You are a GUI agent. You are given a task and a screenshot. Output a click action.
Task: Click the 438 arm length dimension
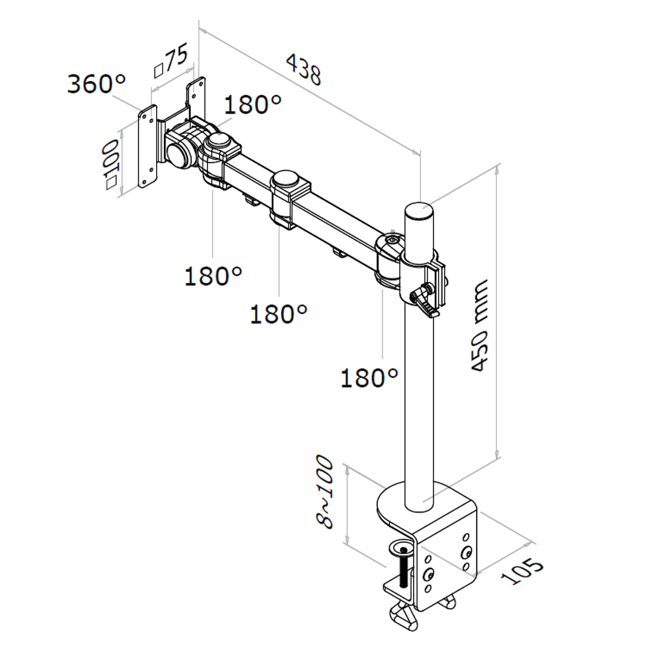pyautogui.click(x=304, y=69)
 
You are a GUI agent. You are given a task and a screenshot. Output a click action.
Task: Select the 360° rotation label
pyautogui.click(x=96, y=84)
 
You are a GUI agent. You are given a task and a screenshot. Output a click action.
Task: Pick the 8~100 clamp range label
pyautogui.click(x=325, y=492)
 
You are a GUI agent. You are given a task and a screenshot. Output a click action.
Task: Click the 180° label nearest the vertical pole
pyautogui.click(x=369, y=377)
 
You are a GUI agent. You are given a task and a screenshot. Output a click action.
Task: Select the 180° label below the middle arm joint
pyautogui.click(x=279, y=313)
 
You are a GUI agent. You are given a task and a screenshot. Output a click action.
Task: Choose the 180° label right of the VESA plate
pyautogui.click(x=252, y=104)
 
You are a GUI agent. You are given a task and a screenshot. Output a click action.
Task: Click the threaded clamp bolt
pyautogui.click(x=404, y=570)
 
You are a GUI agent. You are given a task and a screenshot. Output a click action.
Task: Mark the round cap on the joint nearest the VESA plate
pyautogui.click(x=220, y=141)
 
